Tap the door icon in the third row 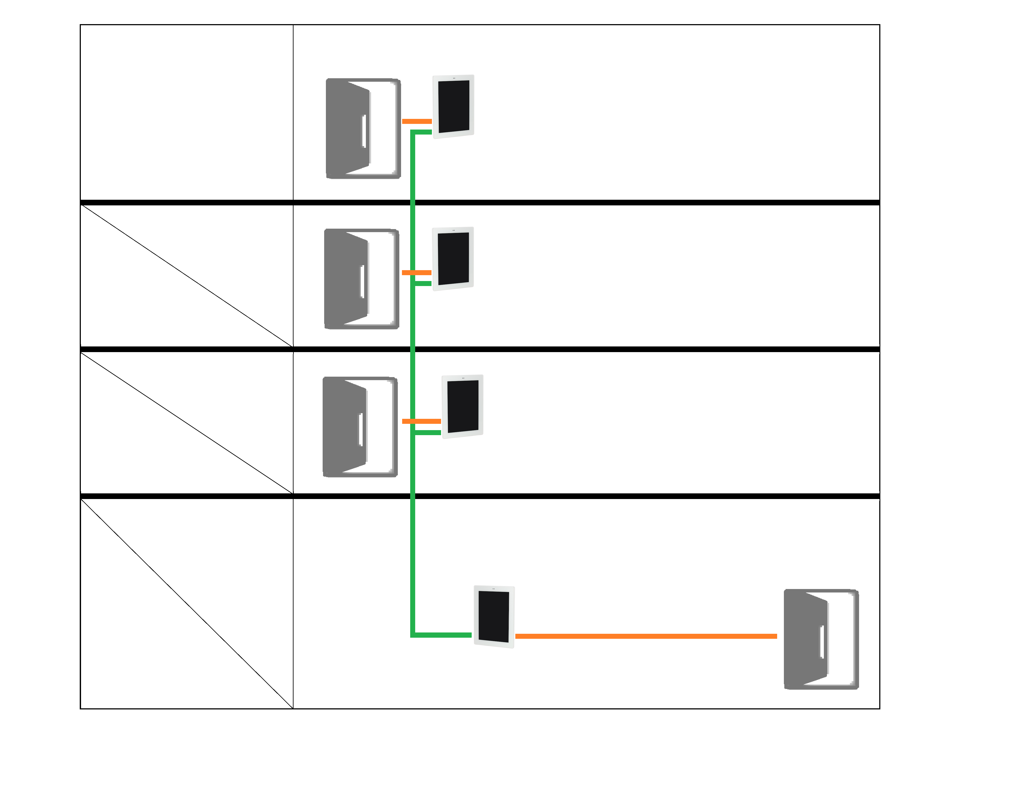[360, 427]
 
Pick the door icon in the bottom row [821, 639]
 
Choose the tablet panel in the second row [453, 258]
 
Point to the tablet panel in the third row [462, 406]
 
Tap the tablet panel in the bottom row [494, 617]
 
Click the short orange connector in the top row [417, 121]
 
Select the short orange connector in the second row [416, 273]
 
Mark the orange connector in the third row [421, 421]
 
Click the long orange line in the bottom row [646, 636]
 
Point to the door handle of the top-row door [364, 131]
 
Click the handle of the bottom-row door [822, 642]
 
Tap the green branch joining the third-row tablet [428, 433]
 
